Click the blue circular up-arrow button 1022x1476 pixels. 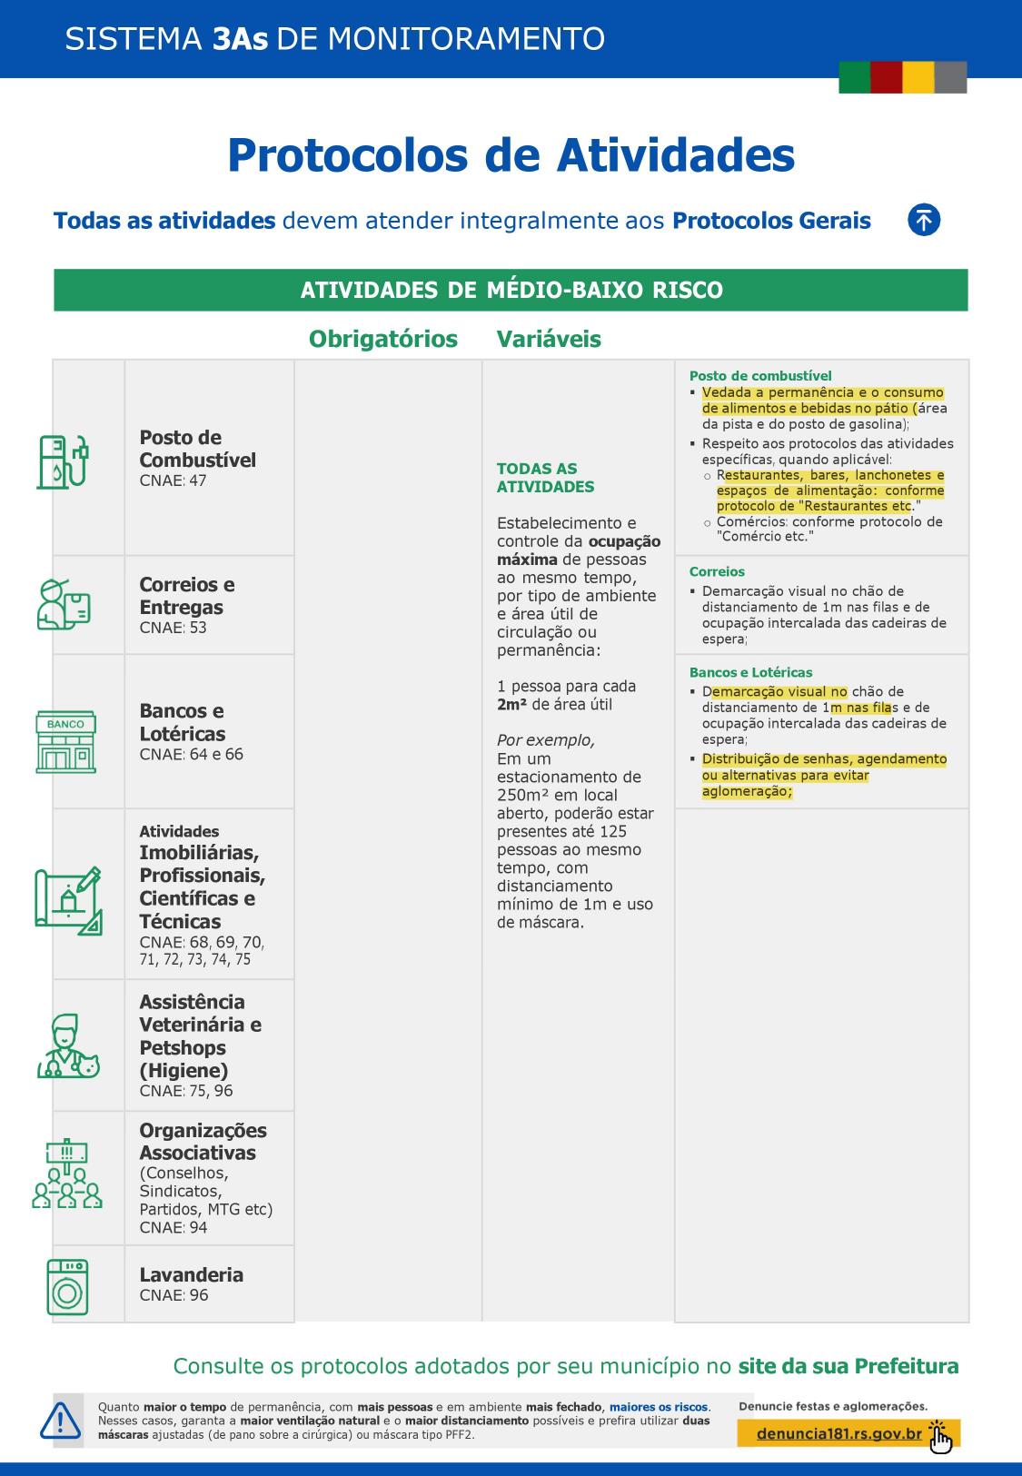point(924,220)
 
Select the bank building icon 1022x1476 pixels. point(65,742)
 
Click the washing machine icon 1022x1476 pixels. point(67,1286)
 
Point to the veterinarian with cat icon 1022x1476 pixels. point(67,1047)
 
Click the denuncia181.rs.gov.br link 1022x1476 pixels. point(838,1434)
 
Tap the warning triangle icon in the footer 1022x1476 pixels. point(60,1421)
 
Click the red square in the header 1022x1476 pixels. point(886,77)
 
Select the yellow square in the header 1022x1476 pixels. point(918,77)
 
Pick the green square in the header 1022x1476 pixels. point(854,77)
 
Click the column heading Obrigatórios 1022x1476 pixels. point(383,339)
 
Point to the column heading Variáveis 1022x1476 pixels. point(549,339)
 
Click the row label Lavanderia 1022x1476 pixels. point(191,1274)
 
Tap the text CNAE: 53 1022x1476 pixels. point(173,628)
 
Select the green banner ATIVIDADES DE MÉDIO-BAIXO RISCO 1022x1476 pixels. point(511,290)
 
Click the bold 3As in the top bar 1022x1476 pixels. point(240,39)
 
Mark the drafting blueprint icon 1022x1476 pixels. point(67,901)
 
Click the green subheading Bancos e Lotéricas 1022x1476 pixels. point(750,672)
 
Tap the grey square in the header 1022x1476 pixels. point(950,77)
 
